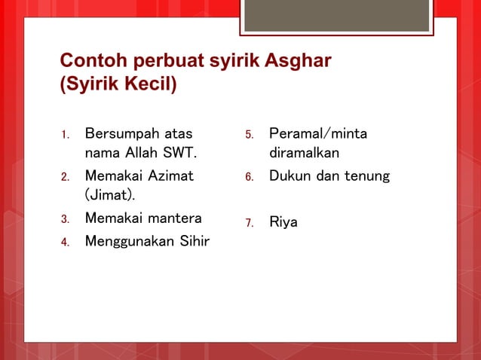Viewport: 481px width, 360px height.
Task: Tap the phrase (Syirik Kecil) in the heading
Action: tap(118, 83)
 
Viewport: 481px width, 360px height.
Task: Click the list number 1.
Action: tap(65, 136)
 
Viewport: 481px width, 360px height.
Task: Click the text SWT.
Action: tap(179, 154)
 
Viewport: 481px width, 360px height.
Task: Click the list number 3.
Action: tap(65, 220)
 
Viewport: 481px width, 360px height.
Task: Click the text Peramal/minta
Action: tap(318, 134)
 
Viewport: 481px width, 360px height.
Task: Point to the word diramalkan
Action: tap(304, 154)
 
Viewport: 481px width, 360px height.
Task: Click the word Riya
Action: tap(283, 223)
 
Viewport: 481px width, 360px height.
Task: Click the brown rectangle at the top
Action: tap(336, 15)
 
